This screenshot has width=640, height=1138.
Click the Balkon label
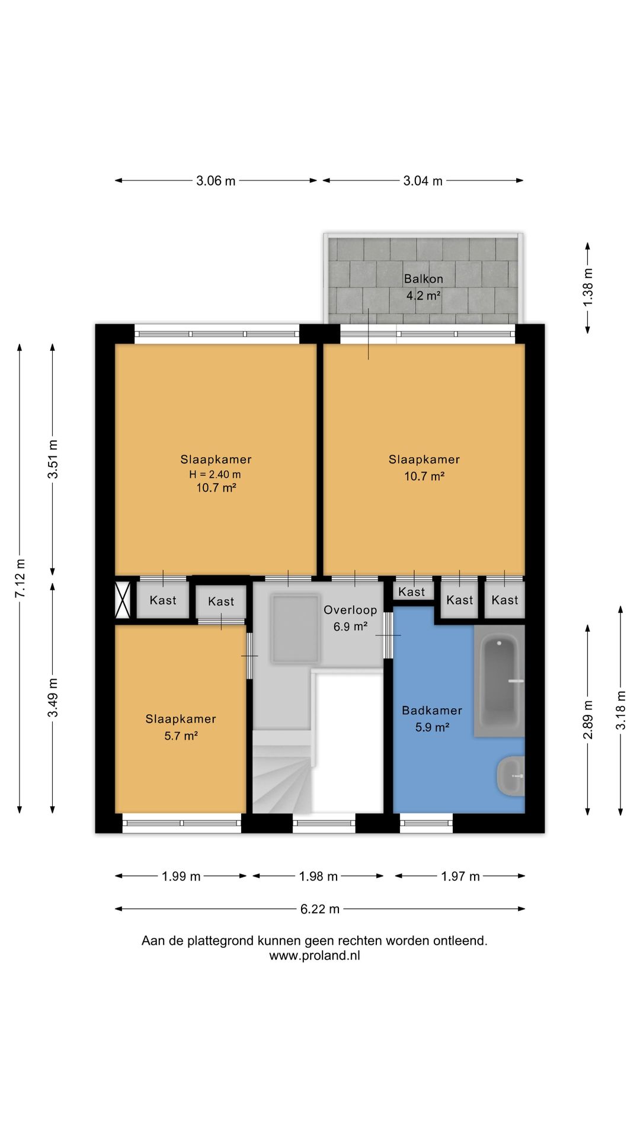pyautogui.click(x=423, y=279)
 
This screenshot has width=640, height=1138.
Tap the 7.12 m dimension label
pyautogui.click(x=20, y=578)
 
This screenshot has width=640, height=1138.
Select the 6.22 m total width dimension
pyautogui.click(x=320, y=909)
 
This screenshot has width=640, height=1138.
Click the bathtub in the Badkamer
pyautogui.click(x=499, y=681)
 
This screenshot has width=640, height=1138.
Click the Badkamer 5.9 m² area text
pyautogui.click(x=432, y=727)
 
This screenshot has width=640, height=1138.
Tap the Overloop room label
pyautogui.click(x=350, y=610)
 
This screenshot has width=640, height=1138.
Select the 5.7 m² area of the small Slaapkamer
pyautogui.click(x=181, y=736)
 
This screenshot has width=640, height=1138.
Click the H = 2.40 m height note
pyautogui.click(x=215, y=474)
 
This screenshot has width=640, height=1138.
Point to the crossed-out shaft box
pyautogui.click(x=122, y=600)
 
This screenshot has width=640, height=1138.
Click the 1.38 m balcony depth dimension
pyautogui.click(x=588, y=288)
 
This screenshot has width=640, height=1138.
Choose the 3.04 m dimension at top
pyautogui.click(x=423, y=181)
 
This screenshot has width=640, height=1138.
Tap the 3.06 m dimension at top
pyautogui.click(x=216, y=181)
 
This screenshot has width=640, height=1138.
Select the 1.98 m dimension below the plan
pyautogui.click(x=318, y=876)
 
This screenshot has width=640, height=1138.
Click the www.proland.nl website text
pyautogui.click(x=315, y=955)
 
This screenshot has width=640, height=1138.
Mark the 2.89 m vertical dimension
pyautogui.click(x=588, y=720)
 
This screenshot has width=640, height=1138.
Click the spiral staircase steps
pyautogui.click(x=282, y=772)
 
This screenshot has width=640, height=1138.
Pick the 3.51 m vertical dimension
pyautogui.click(x=53, y=459)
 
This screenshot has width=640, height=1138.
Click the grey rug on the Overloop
pyautogui.click(x=295, y=628)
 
